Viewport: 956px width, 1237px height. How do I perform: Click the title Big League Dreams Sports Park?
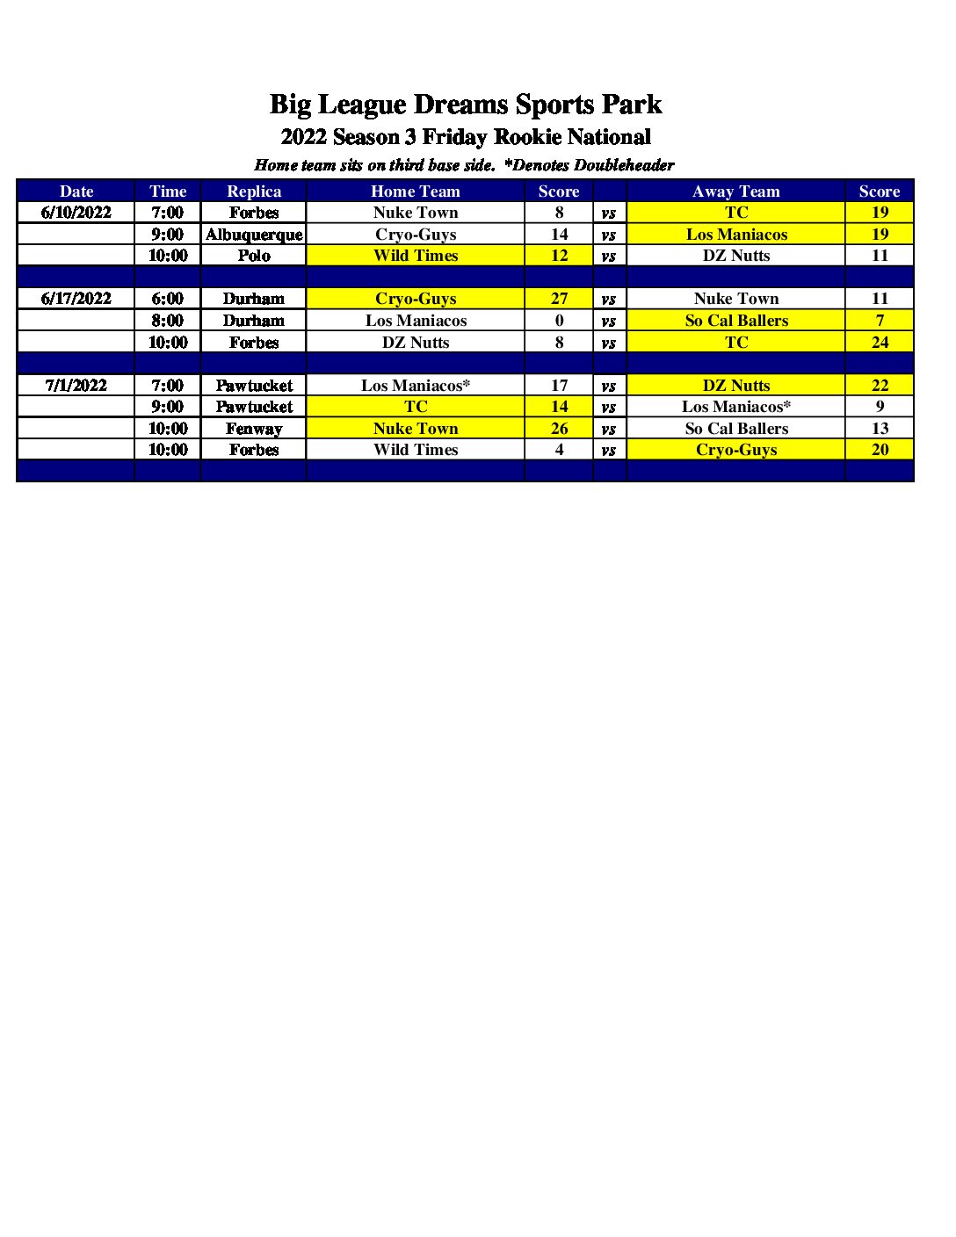[466, 105]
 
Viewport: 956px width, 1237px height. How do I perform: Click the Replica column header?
[254, 191]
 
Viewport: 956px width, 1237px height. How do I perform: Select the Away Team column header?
[735, 191]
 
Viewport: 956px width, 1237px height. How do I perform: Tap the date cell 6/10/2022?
[76, 212]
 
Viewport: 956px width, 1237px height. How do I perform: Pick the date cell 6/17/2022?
[76, 299]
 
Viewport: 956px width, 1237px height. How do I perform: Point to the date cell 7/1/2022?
[76, 385]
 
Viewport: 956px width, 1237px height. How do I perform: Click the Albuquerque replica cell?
[254, 234]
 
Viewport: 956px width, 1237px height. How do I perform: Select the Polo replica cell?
[254, 256]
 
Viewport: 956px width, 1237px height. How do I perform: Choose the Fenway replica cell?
[254, 429]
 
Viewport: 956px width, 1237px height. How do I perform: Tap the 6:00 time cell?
[168, 299]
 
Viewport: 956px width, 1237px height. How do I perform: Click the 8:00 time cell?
[168, 321]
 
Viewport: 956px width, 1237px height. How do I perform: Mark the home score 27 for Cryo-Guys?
[559, 299]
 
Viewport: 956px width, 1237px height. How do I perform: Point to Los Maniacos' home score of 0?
[559, 321]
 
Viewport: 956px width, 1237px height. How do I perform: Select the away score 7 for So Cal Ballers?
[880, 321]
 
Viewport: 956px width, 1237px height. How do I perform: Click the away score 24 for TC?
[880, 343]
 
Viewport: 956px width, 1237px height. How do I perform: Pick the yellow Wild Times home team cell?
[416, 256]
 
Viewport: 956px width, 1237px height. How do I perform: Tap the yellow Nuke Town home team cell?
[416, 429]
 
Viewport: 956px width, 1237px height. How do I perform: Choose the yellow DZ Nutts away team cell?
[735, 385]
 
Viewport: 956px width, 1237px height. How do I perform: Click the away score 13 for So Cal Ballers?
[880, 429]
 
